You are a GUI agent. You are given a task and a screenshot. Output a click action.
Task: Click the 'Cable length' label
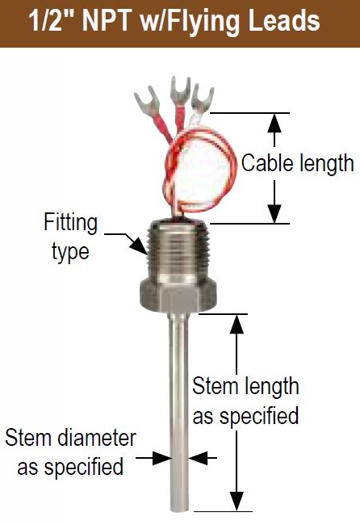click(297, 163)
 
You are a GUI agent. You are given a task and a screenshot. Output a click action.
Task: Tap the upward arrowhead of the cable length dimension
click(274, 124)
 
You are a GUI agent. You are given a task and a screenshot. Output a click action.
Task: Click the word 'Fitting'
click(70, 222)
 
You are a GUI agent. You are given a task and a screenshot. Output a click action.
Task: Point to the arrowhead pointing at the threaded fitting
click(139, 246)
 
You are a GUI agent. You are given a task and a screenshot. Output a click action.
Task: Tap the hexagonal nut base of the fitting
click(178, 296)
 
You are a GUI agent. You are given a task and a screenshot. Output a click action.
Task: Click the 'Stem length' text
click(245, 386)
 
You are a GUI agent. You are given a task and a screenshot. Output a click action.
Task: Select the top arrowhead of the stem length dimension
click(237, 324)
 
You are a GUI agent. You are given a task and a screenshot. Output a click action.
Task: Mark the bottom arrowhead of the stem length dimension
click(237, 502)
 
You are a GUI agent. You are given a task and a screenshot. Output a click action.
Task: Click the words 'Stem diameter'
click(70, 438)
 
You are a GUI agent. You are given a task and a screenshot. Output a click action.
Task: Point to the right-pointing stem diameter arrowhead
click(161, 458)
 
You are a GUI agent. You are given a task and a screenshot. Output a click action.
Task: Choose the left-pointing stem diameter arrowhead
click(198, 458)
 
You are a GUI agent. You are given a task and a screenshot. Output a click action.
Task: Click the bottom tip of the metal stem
click(179, 511)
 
